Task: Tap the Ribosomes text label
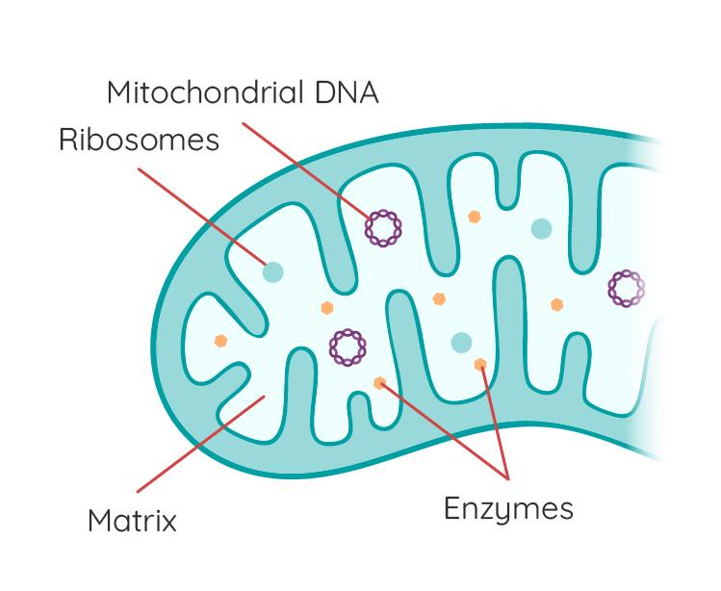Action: pos(140,141)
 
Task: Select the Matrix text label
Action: pos(132,522)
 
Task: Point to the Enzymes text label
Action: pos(508,507)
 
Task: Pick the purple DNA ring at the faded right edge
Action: pos(626,288)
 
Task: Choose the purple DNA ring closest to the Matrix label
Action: pos(348,347)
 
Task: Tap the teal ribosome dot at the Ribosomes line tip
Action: pos(273,271)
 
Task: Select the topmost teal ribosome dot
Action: pos(541,228)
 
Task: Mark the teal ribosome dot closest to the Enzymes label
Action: pos(461,342)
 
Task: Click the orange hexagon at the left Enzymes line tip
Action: pos(380,383)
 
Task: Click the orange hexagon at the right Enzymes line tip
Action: pos(480,364)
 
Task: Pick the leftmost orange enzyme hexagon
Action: pos(221,341)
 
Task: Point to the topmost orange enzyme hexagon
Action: pos(474,217)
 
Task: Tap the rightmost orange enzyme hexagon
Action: pos(556,304)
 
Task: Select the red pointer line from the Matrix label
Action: pos(197,444)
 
